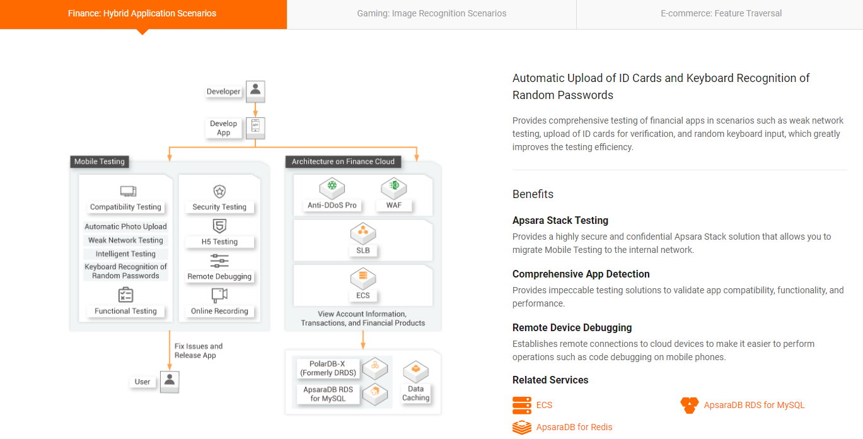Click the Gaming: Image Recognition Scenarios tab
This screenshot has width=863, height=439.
tap(431, 13)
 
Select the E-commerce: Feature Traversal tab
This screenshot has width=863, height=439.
tap(721, 13)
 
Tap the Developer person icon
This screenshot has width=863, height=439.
tap(255, 91)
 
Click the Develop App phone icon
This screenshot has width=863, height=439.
tap(255, 127)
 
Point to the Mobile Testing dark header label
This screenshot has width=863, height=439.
tap(100, 161)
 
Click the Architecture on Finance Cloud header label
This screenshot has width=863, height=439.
tap(343, 161)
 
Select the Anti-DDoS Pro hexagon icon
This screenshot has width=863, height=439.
tap(332, 187)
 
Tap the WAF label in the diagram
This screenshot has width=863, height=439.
tap(394, 205)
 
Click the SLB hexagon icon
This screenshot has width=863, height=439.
tap(363, 232)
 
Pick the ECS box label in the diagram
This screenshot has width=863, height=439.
tap(363, 295)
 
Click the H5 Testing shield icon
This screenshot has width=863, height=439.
tap(219, 226)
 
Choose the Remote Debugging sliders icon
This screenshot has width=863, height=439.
tap(219, 260)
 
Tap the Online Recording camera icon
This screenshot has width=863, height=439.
tap(219, 295)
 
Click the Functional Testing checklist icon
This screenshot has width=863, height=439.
tap(126, 295)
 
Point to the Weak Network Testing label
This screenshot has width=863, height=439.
tap(125, 240)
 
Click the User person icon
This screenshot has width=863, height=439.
tap(170, 381)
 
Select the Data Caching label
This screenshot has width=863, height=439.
tap(416, 393)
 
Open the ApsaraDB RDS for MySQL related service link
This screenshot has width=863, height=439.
tap(754, 405)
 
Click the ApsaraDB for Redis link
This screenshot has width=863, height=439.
tap(574, 427)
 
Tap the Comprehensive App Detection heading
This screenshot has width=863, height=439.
tap(581, 274)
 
